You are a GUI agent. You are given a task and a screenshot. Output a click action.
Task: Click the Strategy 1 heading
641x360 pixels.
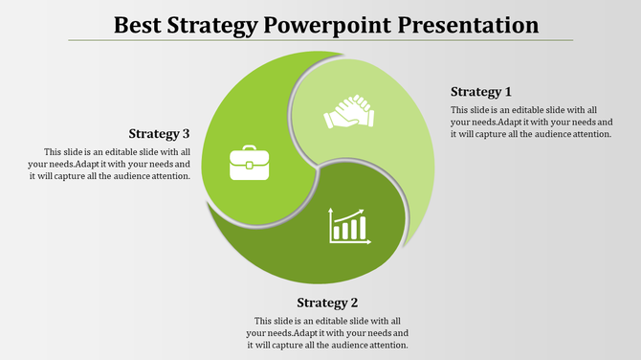click(x=480, y=92)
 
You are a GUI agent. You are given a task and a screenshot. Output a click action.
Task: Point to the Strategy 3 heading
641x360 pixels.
click(x=159, y=133)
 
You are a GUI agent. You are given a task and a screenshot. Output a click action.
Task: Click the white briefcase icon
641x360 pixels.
click(x=249, y=163)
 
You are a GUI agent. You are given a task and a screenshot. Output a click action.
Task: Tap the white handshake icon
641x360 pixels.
click(x=349, y=111)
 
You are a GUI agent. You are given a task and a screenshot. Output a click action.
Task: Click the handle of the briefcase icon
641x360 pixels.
click(x=249, y=149)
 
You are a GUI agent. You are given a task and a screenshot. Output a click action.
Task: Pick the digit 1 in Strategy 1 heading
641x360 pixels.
click(x=508, y=92)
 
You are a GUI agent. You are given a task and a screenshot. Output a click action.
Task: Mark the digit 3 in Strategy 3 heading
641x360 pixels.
click(x=187, y=133)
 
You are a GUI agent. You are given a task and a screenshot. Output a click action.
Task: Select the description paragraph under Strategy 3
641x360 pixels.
click(x=117, y=164)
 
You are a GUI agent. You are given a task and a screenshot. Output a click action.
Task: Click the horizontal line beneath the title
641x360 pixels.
click(x=320, y=40)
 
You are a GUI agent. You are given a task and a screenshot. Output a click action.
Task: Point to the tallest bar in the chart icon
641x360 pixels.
click(x=363, y=228)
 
